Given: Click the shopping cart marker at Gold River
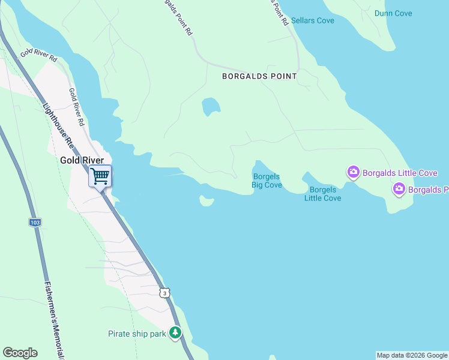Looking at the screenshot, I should (x=100, y=176).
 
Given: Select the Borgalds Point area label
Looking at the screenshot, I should (x=259, y=76).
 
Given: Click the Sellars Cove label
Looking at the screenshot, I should (x=312, y=20).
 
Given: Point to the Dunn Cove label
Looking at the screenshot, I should (x=393, y=13).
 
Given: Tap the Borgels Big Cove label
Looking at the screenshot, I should (x=267, y=181).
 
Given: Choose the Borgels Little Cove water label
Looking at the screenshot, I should (x=322, y=194).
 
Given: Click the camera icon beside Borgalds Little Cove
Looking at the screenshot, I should (x=354, y=173).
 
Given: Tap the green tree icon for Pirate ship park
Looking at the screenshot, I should (x=175, y=332).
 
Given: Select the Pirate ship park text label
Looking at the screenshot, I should (x=136, y=334).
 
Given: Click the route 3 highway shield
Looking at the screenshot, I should (x=165, y=292).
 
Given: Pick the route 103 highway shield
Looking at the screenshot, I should (x=35, y=222).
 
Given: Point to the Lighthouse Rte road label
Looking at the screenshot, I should (x=58, y=127).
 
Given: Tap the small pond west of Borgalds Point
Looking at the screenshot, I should (x=211, y=106).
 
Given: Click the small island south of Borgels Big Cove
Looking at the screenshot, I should (x=206, y=201).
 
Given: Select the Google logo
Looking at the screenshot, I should (x=20, y=353).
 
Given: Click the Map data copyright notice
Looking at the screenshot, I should (x=412, y=355).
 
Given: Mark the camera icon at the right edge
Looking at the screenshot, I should (x=399, y=190).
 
